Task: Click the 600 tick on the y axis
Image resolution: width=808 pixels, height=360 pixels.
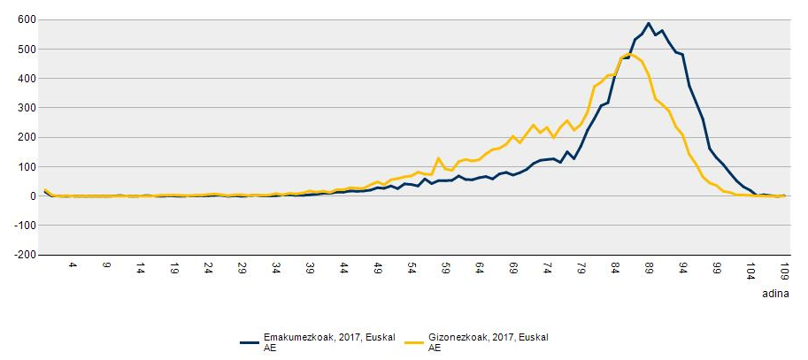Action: [25, 19]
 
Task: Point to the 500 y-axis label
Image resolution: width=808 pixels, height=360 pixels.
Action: [25, 49]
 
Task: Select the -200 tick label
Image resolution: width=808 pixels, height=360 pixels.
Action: [23, 255]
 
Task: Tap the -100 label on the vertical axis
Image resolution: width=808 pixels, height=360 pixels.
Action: [23, 226]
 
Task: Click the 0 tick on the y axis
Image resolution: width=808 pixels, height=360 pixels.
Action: [31, 196]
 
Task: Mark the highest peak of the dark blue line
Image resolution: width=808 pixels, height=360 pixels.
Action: [649, 24]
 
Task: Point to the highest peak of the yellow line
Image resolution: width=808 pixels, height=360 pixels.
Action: [628, 54]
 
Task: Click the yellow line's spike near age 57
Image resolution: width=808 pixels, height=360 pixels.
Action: [438, 159]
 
